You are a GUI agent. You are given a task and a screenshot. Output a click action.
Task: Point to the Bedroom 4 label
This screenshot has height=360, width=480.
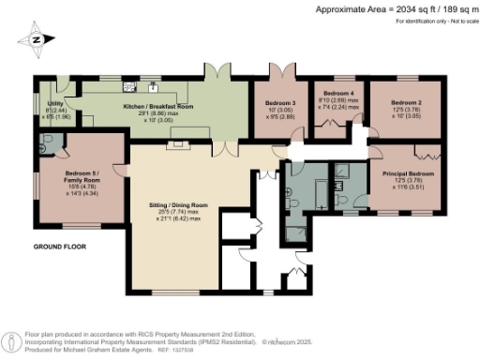coord(337,94)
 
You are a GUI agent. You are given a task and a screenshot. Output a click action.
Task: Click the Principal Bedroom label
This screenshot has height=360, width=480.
coord(408,173)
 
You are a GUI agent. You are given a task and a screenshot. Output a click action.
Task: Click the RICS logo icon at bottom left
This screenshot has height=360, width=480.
coord(10,338)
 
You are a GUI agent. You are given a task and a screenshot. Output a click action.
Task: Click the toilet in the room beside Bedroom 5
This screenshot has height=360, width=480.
coord(45,145)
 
